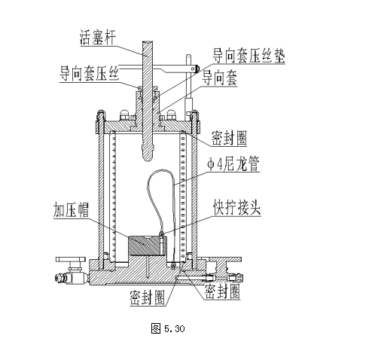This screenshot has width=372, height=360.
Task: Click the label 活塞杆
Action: (x=98, y=38)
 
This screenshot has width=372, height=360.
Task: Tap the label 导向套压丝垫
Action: (x=249, y=56)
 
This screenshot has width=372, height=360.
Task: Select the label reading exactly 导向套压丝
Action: (x=89, y=73)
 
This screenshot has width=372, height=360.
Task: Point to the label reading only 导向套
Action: (x=220, y=78)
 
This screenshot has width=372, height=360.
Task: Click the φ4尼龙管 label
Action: (x=233, y=164)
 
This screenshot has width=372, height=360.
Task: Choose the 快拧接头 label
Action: (x=237, y=207)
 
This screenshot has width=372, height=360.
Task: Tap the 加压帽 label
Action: (x=71, y=209)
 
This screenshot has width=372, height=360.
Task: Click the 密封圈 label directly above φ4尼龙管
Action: (x=229, y=138)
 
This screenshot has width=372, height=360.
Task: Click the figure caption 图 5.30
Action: (x=168, y=328)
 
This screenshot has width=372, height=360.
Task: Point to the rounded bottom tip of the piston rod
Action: (x=148, y=159)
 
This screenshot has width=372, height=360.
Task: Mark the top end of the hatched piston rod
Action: (x=148, y=42)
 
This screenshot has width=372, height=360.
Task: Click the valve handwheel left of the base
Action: (x=71, y=259)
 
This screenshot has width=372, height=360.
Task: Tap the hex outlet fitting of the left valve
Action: (x=60, y=278)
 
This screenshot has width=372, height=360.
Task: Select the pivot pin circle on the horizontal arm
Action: (x=193, y=69)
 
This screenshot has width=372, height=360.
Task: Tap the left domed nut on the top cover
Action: (x=124, y=114)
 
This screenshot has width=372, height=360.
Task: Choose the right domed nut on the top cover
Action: (x=171, y=114)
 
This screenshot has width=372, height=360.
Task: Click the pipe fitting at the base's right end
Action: (x=235, y=278)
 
